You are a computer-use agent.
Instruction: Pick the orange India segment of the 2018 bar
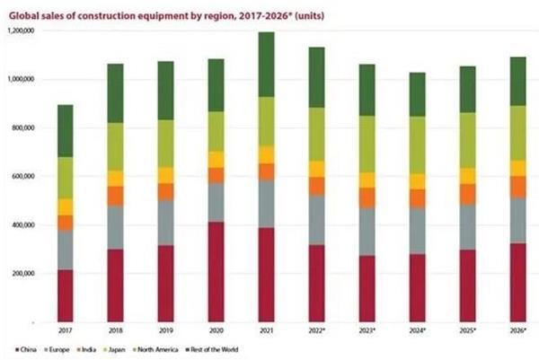point(114,196)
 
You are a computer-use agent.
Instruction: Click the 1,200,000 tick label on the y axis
point(19,31)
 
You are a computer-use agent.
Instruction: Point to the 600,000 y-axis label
point(22,177)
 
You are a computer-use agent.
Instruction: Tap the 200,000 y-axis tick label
point(22,274)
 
